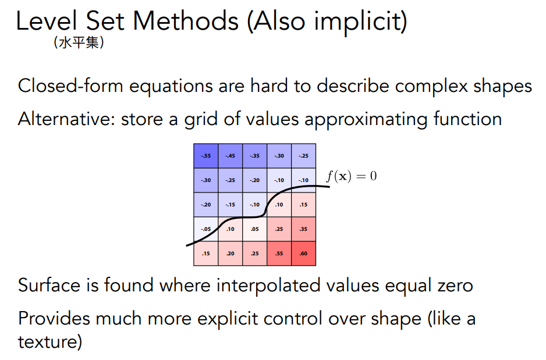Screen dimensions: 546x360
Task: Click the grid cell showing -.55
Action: point(206,156)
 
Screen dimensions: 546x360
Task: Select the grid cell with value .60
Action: point(304,254)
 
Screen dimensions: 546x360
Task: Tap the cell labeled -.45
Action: point(230,156)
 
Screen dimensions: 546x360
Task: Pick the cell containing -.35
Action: point(254,156)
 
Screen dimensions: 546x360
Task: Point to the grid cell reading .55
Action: point(279,254)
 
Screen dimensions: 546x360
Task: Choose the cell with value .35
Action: point(304,229)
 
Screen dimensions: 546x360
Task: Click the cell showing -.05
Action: point(206,229)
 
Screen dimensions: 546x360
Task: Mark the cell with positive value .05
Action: point(254,229)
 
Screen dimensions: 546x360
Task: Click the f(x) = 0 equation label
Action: point(352,176)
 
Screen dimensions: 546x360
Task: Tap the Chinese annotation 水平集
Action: point(79,43)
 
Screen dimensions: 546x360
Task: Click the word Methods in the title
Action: point(186,21)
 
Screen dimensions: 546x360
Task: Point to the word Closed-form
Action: point(70,85)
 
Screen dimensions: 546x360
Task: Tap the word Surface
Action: point(49,285)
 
